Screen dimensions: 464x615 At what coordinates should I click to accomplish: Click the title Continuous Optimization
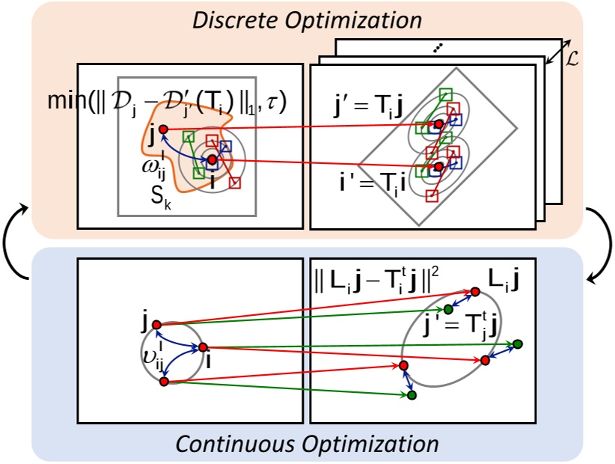coord(307,445)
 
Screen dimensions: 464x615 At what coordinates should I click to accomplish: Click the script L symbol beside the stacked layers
coord(573,58)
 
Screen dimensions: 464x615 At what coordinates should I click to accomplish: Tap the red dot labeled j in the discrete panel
coord(164,129)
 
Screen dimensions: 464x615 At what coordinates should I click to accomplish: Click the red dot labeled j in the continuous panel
coord(156,324)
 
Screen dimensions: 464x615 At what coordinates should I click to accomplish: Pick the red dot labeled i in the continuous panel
coord(203,347)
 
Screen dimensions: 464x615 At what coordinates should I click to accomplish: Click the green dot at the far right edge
coord(517,344)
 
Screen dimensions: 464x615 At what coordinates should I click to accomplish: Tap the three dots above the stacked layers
coord(437,49)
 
